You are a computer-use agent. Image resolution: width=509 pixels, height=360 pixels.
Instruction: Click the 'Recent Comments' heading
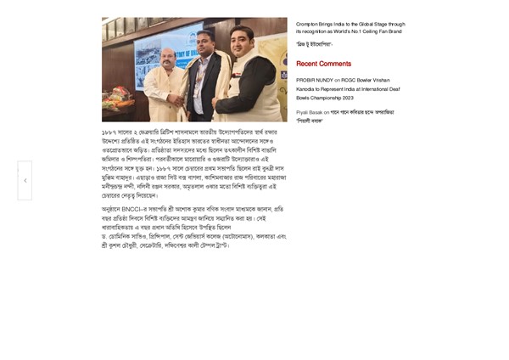[323, 64]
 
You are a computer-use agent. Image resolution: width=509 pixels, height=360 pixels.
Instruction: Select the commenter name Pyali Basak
[309, 112]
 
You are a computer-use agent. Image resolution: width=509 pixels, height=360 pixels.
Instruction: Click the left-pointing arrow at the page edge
[25, 181]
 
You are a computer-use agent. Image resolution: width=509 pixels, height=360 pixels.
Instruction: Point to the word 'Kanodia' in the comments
[310, 88]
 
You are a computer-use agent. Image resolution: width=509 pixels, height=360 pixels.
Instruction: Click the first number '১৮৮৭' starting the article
[109, 133]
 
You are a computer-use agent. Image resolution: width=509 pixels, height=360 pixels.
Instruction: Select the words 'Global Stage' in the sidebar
[367, 24]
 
